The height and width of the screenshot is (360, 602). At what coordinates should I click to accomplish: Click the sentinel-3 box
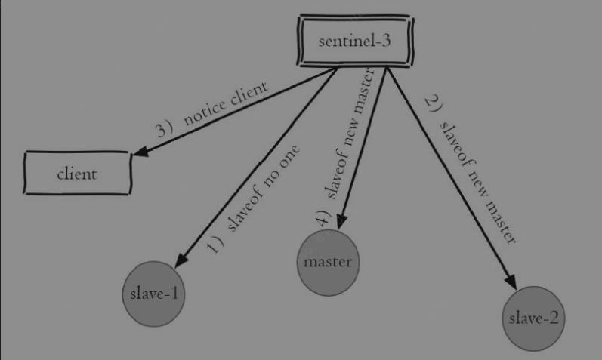coord(354,41)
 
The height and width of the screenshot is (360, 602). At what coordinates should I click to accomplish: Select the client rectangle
coord(78,173)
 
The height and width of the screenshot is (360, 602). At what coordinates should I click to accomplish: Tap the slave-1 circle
coord(153,294)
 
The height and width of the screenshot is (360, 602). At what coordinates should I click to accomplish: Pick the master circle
coord(329,263)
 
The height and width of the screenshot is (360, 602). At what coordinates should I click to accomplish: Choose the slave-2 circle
coord(534,318)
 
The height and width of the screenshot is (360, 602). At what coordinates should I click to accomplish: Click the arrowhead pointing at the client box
coord(140,151)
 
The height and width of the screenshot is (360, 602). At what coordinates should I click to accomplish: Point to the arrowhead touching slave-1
coord(181,260)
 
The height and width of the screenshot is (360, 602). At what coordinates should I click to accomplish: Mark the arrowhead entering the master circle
coord(341,222)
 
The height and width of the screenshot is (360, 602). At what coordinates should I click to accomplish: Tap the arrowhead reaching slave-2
coord(511,282)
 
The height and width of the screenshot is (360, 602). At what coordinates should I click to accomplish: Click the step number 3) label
coord(165,129)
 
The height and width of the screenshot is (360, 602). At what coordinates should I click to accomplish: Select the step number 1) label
coord(215,244)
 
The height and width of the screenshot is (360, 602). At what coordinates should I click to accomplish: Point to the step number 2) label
coord(434,103)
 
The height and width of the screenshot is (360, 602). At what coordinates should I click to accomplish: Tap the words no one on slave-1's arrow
coord(282,167)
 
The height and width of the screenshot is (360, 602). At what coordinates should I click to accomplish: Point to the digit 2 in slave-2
coord(553,318)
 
